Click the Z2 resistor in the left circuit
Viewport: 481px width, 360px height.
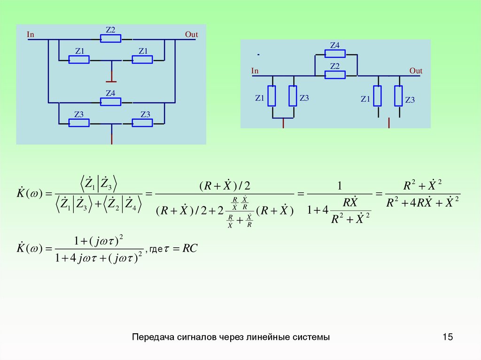click(110, 38)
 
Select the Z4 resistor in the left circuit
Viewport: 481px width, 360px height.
click(110, 101)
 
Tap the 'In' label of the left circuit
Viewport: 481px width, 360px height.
click(31, 34)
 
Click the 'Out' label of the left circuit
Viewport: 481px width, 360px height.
click(191, 34)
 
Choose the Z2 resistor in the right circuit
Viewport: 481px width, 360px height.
click(335, 75)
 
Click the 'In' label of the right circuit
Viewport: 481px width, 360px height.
click(255, 71)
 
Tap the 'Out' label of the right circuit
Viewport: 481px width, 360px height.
click(416, 71)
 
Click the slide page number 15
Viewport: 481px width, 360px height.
click(447, 337)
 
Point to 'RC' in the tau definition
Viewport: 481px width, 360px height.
click(190, 248)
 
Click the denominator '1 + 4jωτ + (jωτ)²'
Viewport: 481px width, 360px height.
click(99, 258)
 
